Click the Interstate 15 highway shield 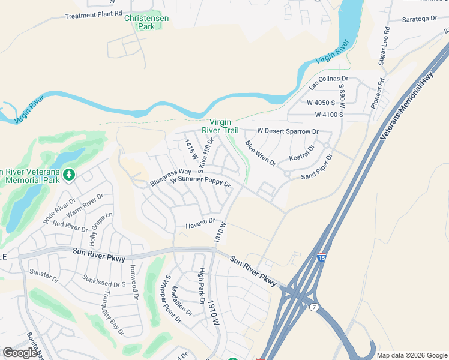322,256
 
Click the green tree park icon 70,175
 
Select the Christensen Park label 146,22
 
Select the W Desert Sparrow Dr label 288,131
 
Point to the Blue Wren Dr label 260,153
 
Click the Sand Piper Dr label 317,167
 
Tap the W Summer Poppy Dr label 200,181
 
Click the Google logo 20,353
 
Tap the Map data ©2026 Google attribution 411,355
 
